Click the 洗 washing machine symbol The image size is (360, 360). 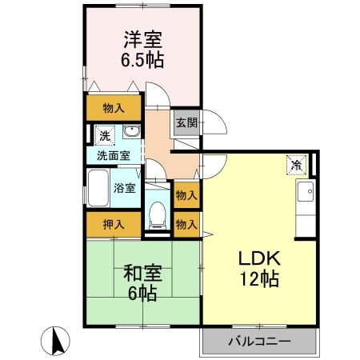(104, 136)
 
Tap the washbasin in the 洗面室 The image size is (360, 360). (131, 134)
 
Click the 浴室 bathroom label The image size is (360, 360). (123, 189)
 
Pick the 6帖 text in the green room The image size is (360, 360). (143, 294)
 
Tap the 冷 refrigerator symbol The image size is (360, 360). (295, 166)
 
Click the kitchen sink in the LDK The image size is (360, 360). (305, 193)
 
